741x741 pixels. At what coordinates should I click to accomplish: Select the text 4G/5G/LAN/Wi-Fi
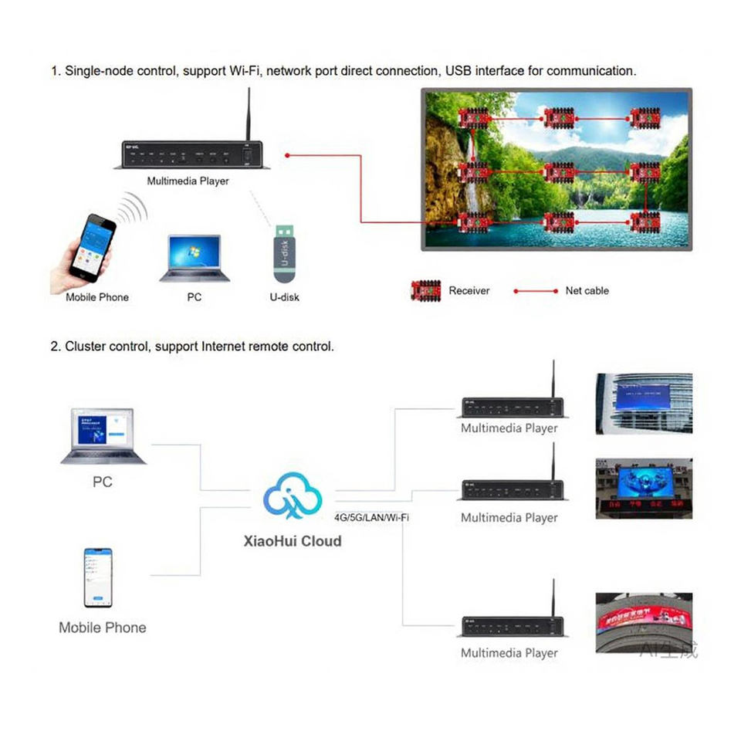[372, 517]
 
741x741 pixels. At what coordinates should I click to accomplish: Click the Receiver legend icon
[425, 290]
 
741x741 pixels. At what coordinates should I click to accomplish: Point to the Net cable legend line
[536, 291]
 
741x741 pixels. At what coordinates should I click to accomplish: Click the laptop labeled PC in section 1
[195, 259]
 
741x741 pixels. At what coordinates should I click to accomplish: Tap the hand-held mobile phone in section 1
[90, 248]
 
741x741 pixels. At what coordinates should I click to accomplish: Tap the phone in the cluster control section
[98, 578]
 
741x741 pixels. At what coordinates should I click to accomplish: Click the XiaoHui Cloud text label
[292, 541]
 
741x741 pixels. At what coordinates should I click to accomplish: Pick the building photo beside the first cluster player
[644, 403]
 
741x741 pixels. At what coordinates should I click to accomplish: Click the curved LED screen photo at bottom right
[644, 622]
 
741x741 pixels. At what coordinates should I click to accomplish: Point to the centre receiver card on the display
[559, 171]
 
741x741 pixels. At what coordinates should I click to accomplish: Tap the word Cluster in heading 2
[85, 347]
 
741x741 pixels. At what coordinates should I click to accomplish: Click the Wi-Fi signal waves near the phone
[134, 208]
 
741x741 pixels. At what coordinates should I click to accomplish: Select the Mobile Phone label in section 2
[102, 628]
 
